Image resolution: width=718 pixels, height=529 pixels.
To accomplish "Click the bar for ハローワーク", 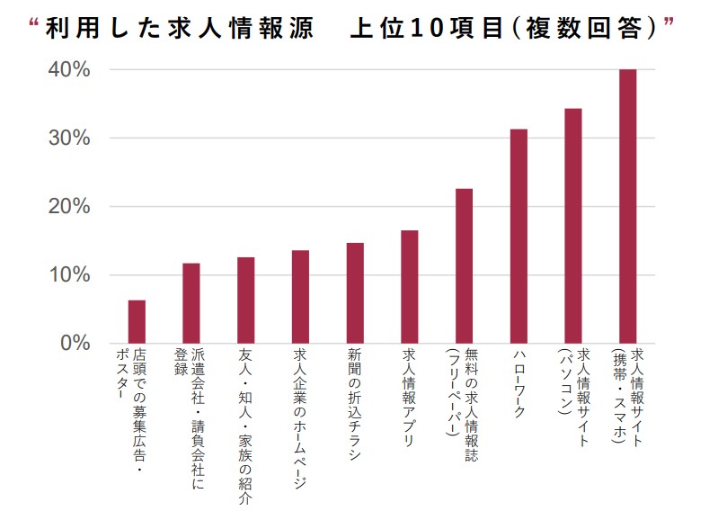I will (519, 236).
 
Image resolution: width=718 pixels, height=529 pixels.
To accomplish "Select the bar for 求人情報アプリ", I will (409, 286).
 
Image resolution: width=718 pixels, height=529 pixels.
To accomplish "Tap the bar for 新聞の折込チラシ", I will (355, 292).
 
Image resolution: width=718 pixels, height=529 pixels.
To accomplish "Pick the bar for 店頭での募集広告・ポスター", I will (137, 321).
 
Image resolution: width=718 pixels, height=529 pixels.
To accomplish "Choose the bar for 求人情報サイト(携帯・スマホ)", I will (628, 206).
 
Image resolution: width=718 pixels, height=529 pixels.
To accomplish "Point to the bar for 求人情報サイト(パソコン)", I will (573, 226).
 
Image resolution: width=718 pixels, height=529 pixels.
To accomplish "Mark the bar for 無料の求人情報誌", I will (464, 265).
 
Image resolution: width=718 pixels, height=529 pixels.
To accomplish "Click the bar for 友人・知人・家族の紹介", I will (245, 300).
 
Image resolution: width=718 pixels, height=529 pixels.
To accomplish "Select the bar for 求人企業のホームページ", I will (300, 296).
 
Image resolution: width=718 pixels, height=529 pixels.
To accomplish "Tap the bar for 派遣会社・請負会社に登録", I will (191, 302).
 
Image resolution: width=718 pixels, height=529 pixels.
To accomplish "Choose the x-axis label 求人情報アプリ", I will (409, 397).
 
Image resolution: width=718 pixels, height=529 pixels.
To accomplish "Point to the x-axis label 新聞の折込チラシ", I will (355, 404).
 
